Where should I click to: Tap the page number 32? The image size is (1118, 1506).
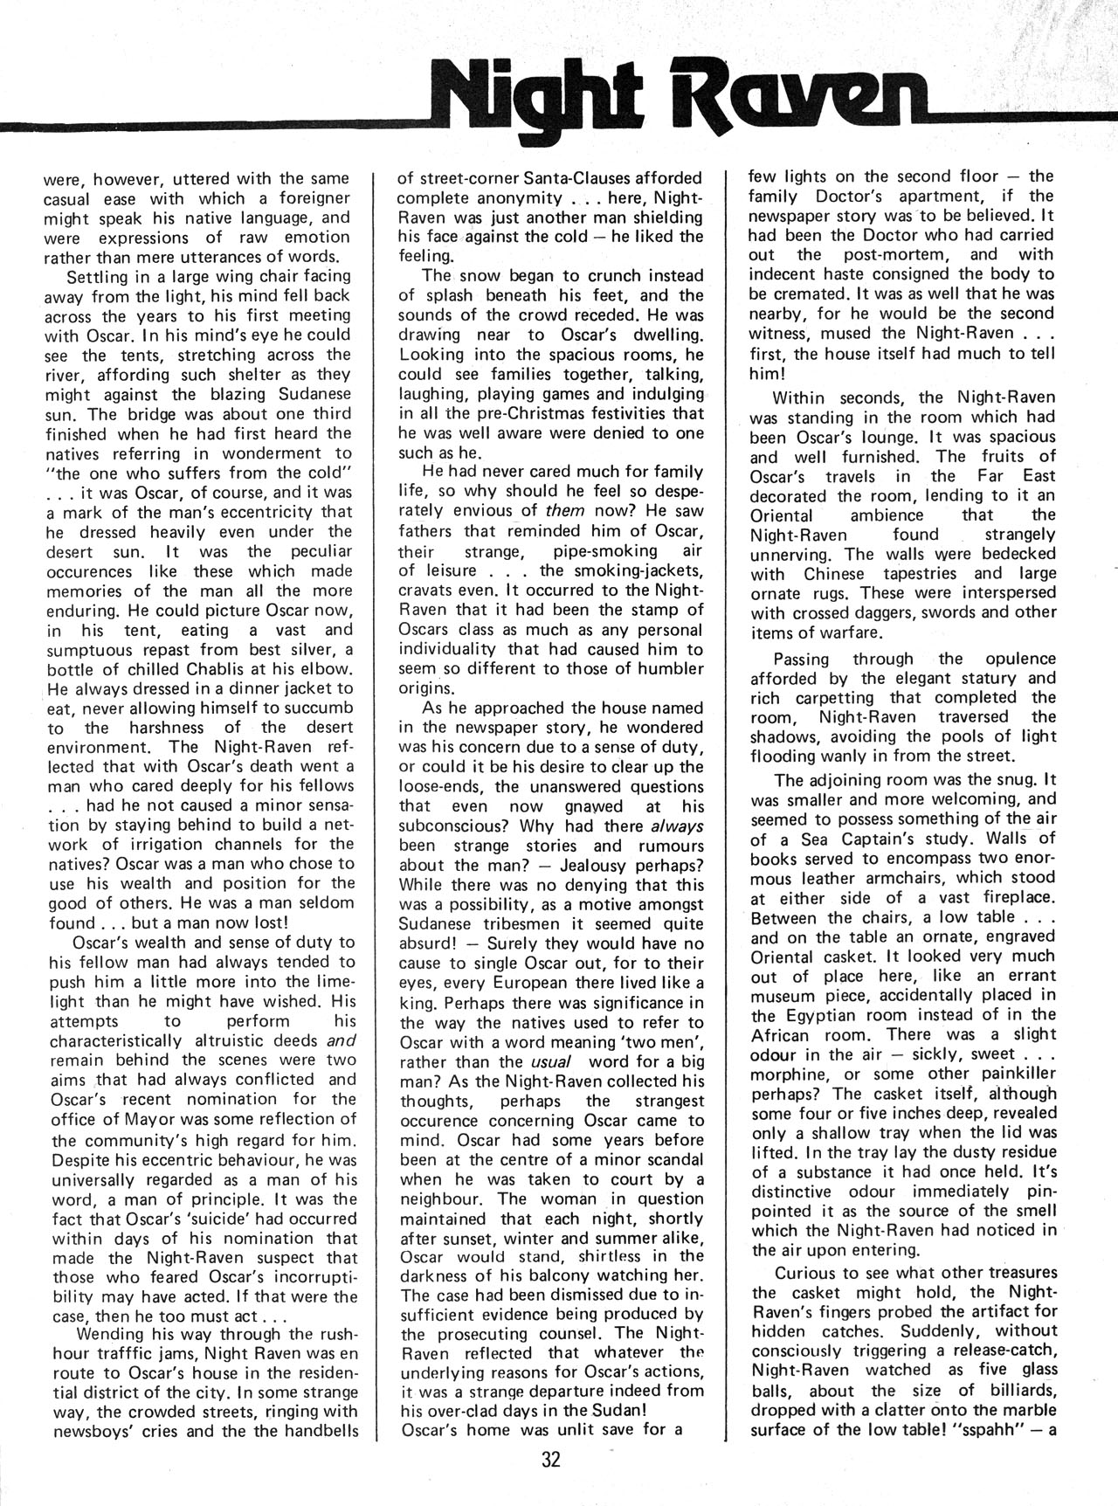(x=551, y=1461)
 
